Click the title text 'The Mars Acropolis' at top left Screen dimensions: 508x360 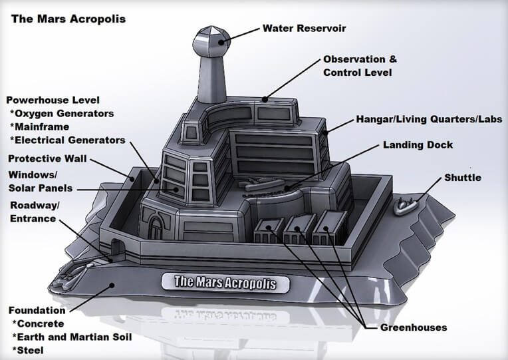(x=68, y=19)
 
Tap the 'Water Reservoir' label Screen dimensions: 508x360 (x=305, y=28)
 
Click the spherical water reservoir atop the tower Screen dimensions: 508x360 (x=211, y=41)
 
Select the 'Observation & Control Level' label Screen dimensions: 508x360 (x=360, y=66)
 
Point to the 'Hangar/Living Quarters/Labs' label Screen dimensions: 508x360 (x=429, y=119)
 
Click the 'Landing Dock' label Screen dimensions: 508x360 (x=418, y=144)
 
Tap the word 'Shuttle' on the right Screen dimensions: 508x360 (x=463, y=178)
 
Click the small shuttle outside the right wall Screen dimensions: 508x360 (x=406, y=206)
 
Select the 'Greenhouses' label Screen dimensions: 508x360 (x=414, y=327)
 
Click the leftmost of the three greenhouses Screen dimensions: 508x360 (x=269, y=231)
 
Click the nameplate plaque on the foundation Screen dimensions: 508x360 (x=225, y=283)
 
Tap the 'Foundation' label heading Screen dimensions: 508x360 (x=37, y=310)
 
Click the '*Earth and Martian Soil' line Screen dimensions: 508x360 (x=72, y=337)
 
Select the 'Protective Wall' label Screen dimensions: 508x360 (x=47, y=158)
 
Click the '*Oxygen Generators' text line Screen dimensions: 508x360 (x=62, y=113)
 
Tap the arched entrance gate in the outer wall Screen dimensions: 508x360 (x=117, y=247)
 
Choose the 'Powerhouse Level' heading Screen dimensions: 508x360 (x=53, y=100)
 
